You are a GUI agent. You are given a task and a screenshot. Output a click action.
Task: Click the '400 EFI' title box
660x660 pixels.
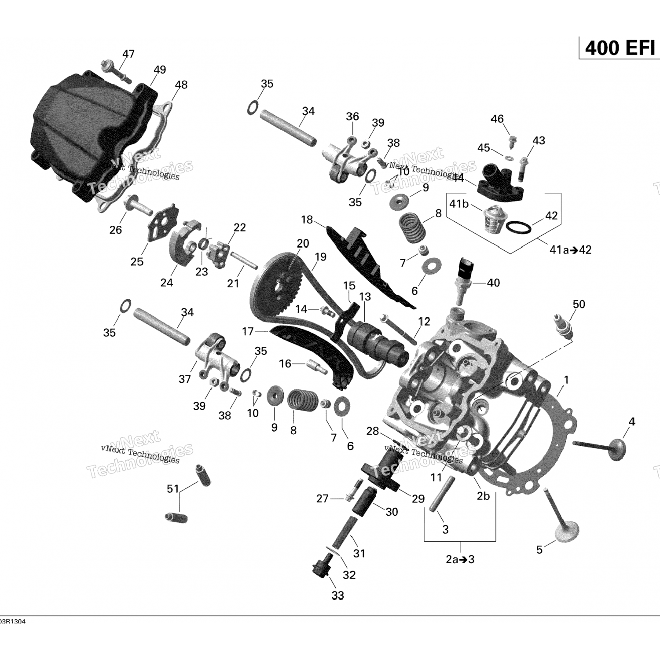(x=620, y=48)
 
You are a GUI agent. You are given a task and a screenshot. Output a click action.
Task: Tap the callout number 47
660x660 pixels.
(x=128, y=54)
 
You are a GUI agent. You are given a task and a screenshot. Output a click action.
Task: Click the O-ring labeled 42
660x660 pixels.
(x=518, y=227)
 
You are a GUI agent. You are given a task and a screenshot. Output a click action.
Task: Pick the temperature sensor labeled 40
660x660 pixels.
(x=464, y=277)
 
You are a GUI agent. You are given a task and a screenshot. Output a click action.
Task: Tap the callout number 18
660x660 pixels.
(x=307, y=220)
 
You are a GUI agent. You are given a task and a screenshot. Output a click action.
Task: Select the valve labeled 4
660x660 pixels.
(x=603, y=449)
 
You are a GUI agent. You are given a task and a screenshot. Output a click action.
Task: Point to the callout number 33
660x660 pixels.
(x=337, y=595)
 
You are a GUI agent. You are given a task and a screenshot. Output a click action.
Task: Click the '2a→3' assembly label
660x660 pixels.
(x=460, y=559)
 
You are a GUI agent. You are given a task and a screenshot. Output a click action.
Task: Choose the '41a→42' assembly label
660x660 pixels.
(x=570, y=250)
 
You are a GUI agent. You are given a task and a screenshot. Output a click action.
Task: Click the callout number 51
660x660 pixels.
(x=173, y=489)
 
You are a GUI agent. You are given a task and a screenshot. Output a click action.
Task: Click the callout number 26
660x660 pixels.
(x=116, y=230)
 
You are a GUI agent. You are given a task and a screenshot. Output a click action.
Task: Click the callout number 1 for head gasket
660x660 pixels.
(x=567, y=380)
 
